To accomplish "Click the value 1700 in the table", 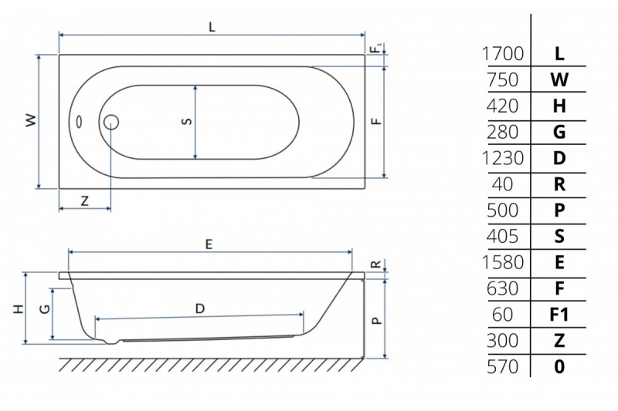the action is coord(503,54).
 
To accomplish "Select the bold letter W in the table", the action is coord(559,80).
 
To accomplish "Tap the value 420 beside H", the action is coord(503,106).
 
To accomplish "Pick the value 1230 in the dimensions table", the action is coord(503,158).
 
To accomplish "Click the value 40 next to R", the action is coord(503,184).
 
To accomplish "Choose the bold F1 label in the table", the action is coord(559,315).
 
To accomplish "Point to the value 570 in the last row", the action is coord(503,367).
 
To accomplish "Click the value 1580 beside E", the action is coord(503,262).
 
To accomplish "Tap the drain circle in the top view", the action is coord(111,122).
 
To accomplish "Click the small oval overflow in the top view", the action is coord(79,122).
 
